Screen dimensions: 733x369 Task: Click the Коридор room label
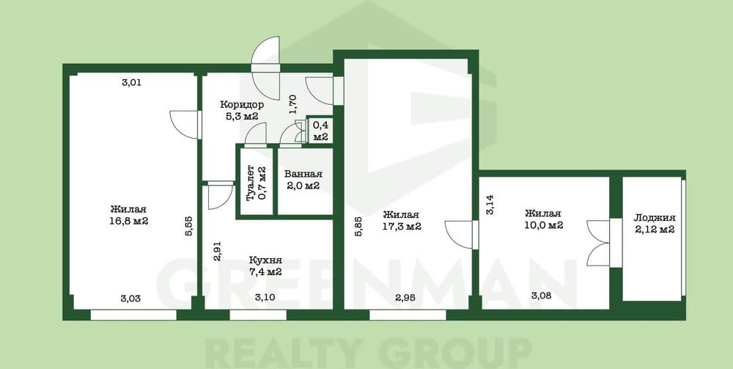[242, 105]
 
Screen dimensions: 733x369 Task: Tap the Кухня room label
[265, 261]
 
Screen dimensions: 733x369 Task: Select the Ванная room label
[303, 174]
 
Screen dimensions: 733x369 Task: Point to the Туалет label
[250, 183]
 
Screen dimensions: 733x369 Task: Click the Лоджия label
[655, 218]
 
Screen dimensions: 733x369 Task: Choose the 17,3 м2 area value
[402, 227]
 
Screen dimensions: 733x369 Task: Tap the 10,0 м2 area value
[542, 225]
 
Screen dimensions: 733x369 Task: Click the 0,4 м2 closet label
[320, 131]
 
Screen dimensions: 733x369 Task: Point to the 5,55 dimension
[189, 227]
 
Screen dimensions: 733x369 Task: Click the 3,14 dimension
[490, 205]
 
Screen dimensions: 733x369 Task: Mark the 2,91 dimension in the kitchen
[217, 250]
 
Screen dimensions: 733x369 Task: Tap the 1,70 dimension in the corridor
[293, 105]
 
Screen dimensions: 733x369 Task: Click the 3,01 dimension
[131, 83]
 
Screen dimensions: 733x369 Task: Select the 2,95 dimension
[405, 297]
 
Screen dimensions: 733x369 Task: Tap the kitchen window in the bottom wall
[258, 315]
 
